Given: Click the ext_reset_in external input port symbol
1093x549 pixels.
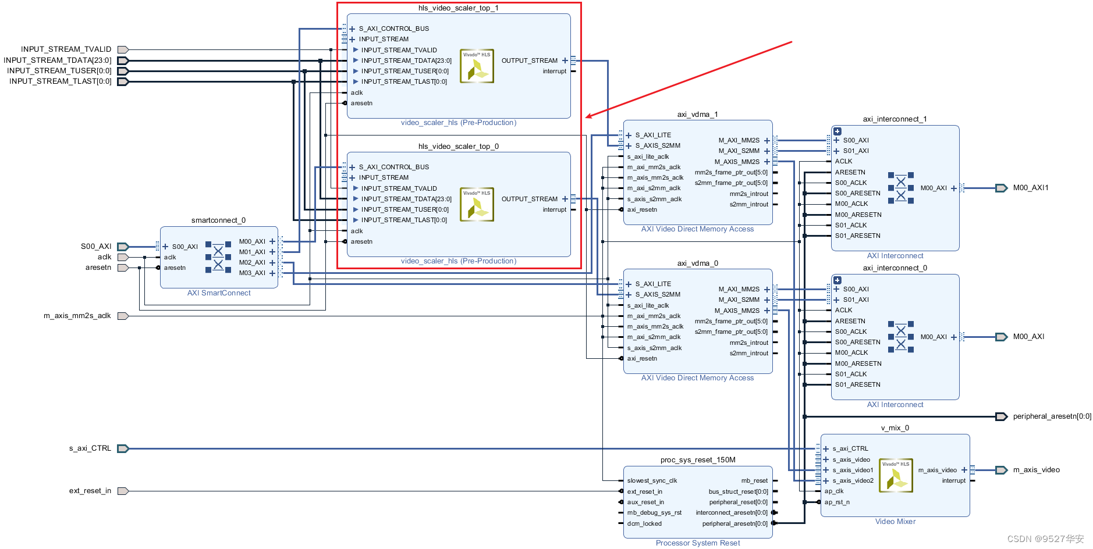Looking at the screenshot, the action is [123, 491].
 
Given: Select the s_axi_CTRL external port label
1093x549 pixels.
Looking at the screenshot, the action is [90, 448].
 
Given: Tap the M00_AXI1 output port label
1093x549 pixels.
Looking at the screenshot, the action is [1031, 188].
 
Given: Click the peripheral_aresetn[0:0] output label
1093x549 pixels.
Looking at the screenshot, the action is [1052, 416].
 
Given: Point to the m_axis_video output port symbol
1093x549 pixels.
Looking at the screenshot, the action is [1002, 470].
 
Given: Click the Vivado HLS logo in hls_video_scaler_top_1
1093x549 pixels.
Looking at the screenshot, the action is [477, 66].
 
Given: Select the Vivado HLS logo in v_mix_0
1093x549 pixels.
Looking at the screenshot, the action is [896, 475].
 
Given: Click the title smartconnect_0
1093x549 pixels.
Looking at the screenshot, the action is [218, 220].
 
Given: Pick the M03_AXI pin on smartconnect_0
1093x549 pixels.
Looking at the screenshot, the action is [252, 273].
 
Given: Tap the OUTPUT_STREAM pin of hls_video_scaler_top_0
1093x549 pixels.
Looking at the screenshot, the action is [530, 199].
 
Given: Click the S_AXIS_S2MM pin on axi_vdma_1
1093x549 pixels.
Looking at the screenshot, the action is [658, 146].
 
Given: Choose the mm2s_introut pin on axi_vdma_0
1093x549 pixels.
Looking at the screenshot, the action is [748, 343].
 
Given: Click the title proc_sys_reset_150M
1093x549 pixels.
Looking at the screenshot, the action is [698, 460].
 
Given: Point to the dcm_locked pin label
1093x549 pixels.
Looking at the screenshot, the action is [644, 524].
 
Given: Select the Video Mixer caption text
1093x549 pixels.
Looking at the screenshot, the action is [895, 522].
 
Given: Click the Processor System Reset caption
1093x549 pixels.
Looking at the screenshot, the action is [698, 543].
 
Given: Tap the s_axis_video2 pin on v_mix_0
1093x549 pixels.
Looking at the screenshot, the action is [853, 481].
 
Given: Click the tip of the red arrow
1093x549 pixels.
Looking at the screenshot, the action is [585, 117].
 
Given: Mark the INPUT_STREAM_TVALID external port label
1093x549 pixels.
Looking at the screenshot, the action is [66, 49].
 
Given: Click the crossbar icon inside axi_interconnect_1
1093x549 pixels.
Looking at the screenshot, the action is [900, 188].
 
